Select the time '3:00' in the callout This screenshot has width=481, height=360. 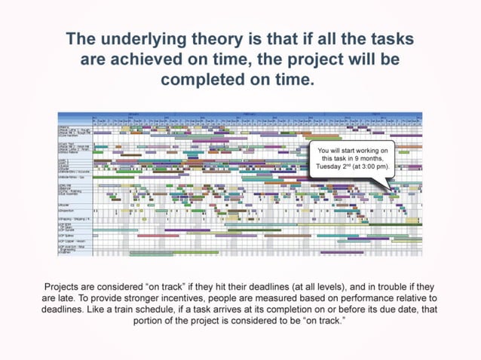tap(369, 166)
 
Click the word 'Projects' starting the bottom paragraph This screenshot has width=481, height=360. tap(63, 288)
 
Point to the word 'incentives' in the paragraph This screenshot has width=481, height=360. tap(185, 299)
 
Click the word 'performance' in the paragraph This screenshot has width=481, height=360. tap(352, 299)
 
